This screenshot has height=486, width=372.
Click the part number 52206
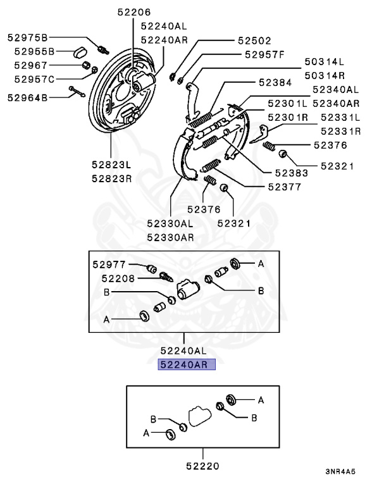pos(134,12)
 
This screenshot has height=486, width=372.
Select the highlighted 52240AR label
pos(187,364)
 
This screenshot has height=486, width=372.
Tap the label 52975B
pos(28,37)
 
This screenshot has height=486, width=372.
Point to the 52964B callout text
pos(28,98)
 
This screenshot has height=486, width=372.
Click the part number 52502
pos(254,40)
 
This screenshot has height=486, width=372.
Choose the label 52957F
pos(264,54)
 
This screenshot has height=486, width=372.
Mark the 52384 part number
pos(275,82)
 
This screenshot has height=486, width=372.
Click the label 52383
pos(292,173)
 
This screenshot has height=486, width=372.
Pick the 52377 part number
pos(284,187)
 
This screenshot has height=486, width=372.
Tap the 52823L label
pos(111,165)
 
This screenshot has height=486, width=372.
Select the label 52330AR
pos(170,237)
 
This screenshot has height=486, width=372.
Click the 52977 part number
pos(109,265)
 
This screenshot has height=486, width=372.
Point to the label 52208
pos(118,278)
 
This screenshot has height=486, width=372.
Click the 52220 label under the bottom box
pos(202,466)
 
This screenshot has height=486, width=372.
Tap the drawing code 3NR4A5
pos(340,471)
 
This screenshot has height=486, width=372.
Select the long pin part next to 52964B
pos(77,91)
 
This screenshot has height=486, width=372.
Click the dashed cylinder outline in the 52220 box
pos(200,416)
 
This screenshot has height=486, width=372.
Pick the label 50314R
pos(325,75)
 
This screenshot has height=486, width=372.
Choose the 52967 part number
pos(31,65)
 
